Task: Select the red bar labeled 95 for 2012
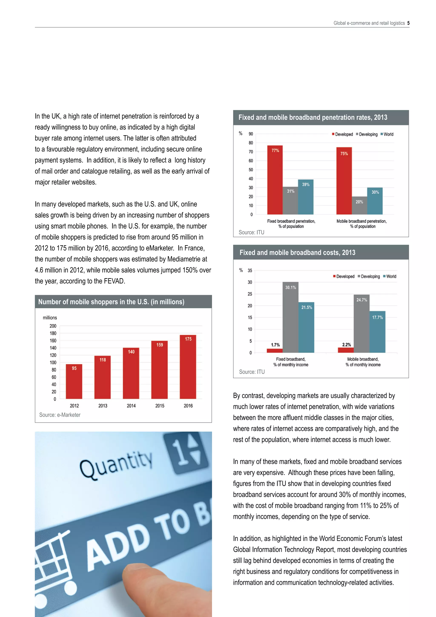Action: tap(74, 381)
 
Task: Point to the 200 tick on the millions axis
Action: tap(53, 326)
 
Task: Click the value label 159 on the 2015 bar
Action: tap(160, 345)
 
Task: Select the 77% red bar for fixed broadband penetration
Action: tap(275, 180)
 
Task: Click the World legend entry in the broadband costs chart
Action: tap(390, 277)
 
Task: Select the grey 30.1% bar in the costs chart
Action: tap(290, 317)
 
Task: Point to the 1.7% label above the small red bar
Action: tap(275, 345)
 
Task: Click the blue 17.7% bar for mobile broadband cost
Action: tap(377, 332)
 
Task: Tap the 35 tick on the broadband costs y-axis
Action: tap(250, 271)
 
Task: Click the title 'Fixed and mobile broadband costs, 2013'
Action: tap(297, 253)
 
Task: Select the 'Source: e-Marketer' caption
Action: tap(60, 415)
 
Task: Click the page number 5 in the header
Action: tap(408, 23)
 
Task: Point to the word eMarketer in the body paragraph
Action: tap(160, 248)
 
